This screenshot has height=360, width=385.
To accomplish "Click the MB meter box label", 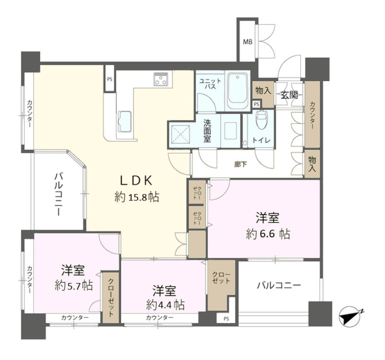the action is tap(247, 42).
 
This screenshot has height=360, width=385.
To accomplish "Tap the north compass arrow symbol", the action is tap(349, 317).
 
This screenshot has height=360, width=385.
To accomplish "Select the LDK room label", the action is tap(136, 180).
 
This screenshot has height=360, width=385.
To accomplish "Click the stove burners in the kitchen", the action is tap(160, 79).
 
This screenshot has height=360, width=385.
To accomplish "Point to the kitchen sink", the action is tap(125, 122).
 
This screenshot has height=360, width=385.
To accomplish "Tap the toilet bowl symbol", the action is tap(261, 120).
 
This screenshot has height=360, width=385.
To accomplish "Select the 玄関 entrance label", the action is tap(289, 95).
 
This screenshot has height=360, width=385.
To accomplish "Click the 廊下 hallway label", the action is tap(240, 164).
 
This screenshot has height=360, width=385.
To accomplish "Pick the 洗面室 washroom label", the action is tap(207, 130).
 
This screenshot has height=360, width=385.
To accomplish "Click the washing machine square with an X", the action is tap(181, 134).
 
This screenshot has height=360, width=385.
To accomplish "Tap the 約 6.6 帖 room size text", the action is tap(268, 234).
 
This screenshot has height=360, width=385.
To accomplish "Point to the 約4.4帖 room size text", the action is tap(165, 305).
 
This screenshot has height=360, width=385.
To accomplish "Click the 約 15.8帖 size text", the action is tap(137, 197).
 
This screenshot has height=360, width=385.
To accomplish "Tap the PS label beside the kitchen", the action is tap(109, 79).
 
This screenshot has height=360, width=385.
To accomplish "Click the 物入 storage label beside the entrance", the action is tap(263, 90).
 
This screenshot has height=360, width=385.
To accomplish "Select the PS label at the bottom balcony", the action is tap(226, 319).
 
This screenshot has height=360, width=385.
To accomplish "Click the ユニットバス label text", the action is tap(210, 84).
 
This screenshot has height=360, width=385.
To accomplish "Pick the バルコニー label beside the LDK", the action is tap(58, 195).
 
